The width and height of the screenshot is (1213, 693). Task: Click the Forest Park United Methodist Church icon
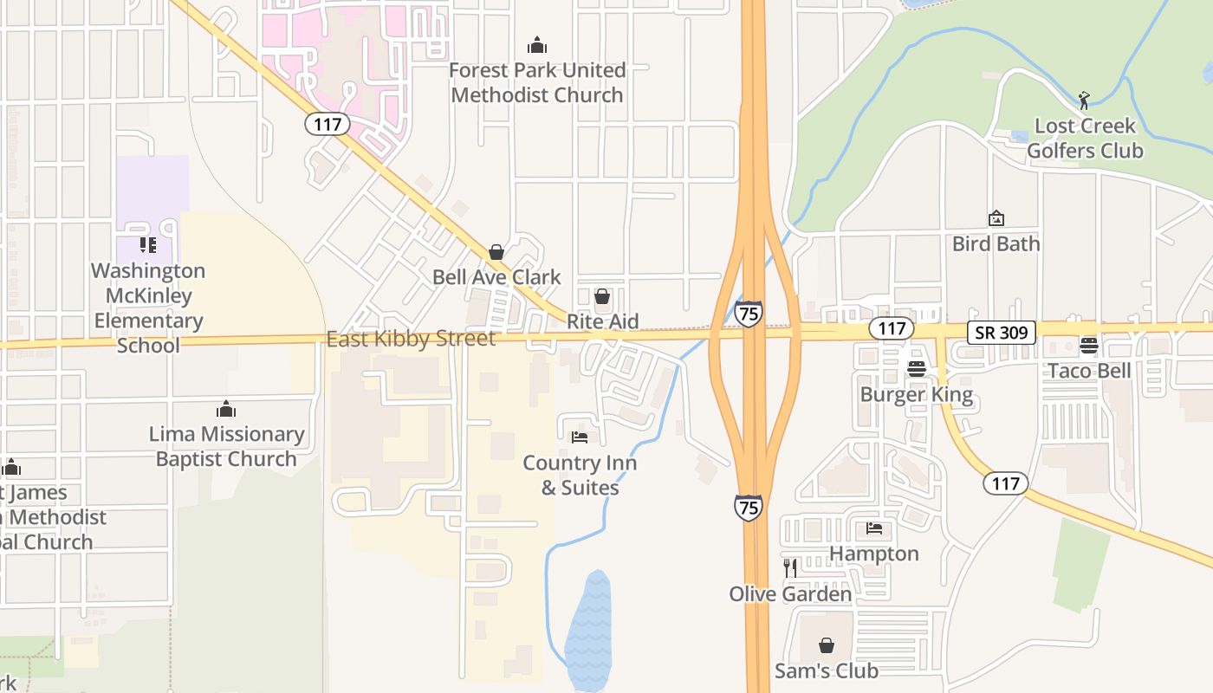tap(537, 45)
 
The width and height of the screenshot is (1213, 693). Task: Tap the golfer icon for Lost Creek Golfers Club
tap(1084, 100)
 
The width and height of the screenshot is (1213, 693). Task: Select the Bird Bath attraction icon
tap(996, 219)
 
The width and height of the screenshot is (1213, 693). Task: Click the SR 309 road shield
tap(1002, 332)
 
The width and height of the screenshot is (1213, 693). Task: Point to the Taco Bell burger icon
tap(1089, 346)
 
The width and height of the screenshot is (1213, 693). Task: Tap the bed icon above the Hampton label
tap(874, 528)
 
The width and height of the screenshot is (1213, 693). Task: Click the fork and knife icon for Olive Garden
tap(790, 568)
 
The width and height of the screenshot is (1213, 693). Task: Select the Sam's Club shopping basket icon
tap(827, 645)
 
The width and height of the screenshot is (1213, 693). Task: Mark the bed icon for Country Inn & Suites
tap(580, 437)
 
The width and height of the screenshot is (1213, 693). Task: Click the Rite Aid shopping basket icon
tap(602, 297)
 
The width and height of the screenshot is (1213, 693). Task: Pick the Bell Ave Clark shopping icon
tap(496, 252)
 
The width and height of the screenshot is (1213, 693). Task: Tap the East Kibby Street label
tap(411, 339)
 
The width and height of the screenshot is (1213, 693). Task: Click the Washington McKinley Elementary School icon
tap(148, 245)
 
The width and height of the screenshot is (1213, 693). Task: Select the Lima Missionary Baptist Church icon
tap(226, 409)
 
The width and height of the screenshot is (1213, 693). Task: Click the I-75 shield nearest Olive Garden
tap(749, 507)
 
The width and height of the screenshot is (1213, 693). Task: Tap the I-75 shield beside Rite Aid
tap(749, 313)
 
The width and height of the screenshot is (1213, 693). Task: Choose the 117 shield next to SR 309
tap(891, 328)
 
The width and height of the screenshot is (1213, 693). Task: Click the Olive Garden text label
tap(790, 594)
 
